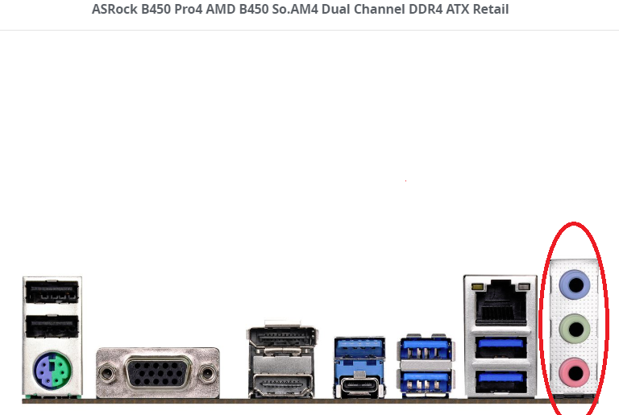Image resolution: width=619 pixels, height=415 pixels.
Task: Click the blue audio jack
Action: (x=575, y=284)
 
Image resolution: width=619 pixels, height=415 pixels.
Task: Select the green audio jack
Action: (x=575, y=328)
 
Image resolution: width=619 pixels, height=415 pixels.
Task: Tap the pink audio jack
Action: (x=575, y=372)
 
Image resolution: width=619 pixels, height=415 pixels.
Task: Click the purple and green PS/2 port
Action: (x=51, y=372)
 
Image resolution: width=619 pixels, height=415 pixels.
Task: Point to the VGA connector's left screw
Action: (x=107, y=372)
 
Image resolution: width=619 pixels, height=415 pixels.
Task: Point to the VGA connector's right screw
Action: (x=208, y=372)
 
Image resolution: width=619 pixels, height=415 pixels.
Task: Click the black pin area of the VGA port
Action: (x=157, y=372)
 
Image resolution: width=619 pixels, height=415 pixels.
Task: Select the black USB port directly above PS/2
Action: (x=52, y=326)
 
